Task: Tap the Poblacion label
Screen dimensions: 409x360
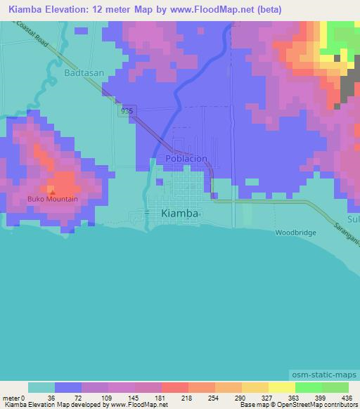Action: [x=186, y=158]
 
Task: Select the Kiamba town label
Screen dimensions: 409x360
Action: [x=179, y=213]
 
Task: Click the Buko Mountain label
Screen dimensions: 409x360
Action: [x=53, y=199]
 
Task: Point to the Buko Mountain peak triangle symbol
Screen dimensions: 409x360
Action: [x=52, y=190]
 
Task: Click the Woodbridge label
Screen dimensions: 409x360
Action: [x=295, y=232]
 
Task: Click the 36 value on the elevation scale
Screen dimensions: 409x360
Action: [x=51, y=398]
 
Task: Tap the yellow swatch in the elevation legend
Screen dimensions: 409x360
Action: [x=282, y=387]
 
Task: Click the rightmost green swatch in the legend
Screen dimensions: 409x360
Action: [x=335, y=387]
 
